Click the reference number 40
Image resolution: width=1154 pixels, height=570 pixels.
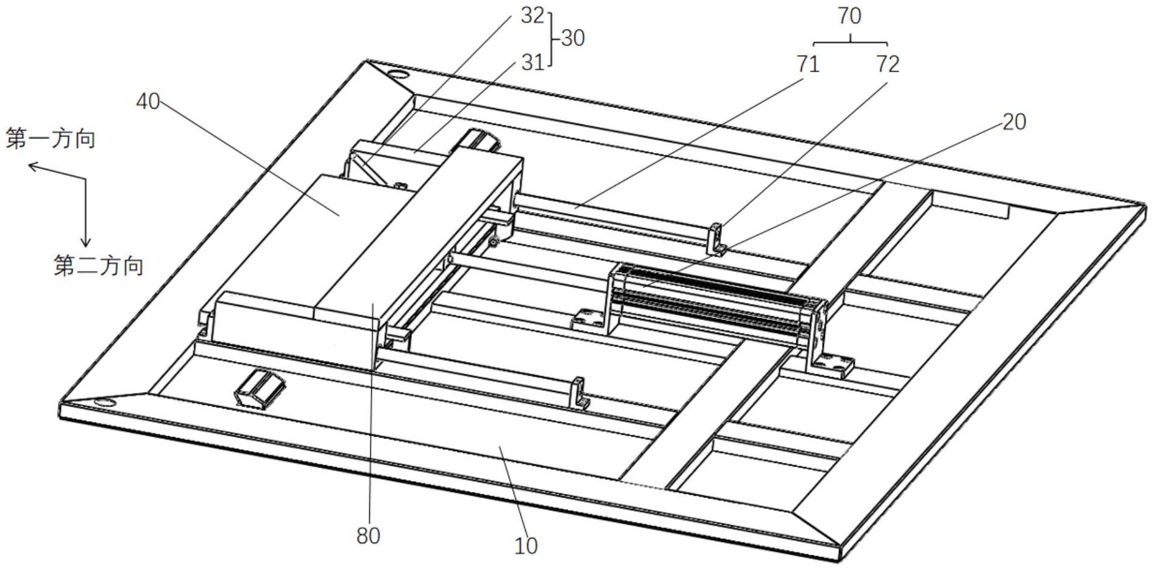(x=147, y=101)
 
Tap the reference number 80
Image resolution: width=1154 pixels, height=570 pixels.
(x=368, y=536)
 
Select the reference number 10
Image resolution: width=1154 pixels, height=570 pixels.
(x=526, y=546)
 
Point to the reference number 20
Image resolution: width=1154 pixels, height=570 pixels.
(x=1014, y=122)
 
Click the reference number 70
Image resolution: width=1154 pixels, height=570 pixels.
(x=849, y=16)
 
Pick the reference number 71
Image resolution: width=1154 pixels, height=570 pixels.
(x=808, y=63)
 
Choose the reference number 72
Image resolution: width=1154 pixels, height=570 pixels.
(x=888, y=63)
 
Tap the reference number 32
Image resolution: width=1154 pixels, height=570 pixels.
(x=532, y=16)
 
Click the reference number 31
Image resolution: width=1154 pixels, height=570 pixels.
(x=532, y=62)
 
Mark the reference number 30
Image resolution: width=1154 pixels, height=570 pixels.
(x=572, y=38)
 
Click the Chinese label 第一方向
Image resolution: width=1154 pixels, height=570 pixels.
(x=51, y=139)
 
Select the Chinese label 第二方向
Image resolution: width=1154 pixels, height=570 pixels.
(x=99, y=266)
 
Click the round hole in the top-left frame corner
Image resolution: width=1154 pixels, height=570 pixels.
(x=399, y=75)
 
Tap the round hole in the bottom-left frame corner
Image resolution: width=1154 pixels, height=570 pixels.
(x=105, y=402)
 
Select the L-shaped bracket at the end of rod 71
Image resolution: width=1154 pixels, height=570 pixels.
(x=715, y=240)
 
